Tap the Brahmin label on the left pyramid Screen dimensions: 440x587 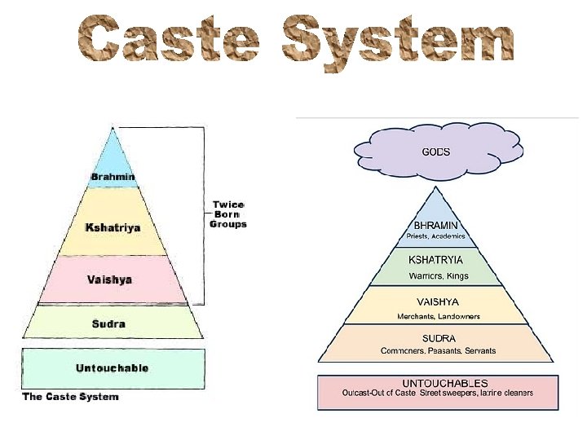[x=113, y=177]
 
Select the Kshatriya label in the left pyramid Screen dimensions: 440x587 [x=113, y=227]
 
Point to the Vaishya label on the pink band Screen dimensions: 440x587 [x=109, y=279]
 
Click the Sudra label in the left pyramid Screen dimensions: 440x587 [x=108, y=323]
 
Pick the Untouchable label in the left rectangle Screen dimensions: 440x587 [x=113, y=368]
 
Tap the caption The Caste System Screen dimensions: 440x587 [x=70, y=397]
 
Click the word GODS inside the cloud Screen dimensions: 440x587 [x=435, y=152]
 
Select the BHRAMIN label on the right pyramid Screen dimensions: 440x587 [x=436, y=225]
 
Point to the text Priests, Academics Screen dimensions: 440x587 [x=436, y=236]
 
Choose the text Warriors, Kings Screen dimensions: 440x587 [x=439, y=276]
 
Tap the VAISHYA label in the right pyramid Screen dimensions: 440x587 [x=438, y=301]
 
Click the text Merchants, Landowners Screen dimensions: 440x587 [x=438, y=316]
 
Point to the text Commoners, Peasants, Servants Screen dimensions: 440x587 [x=438, y=351]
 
